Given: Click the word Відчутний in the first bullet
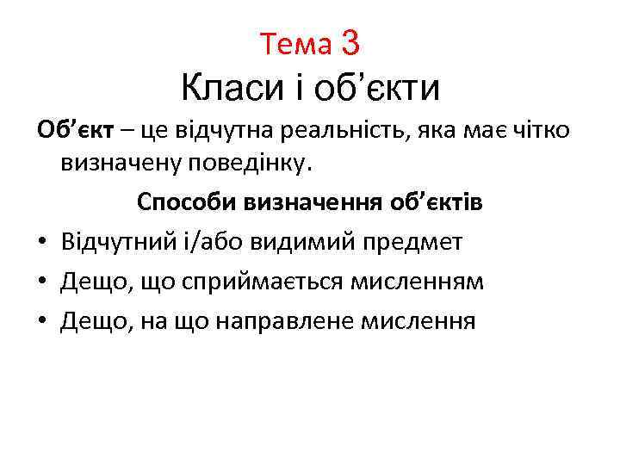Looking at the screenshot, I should [x=109, y=243].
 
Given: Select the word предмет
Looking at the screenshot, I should [x=420, y=243].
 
